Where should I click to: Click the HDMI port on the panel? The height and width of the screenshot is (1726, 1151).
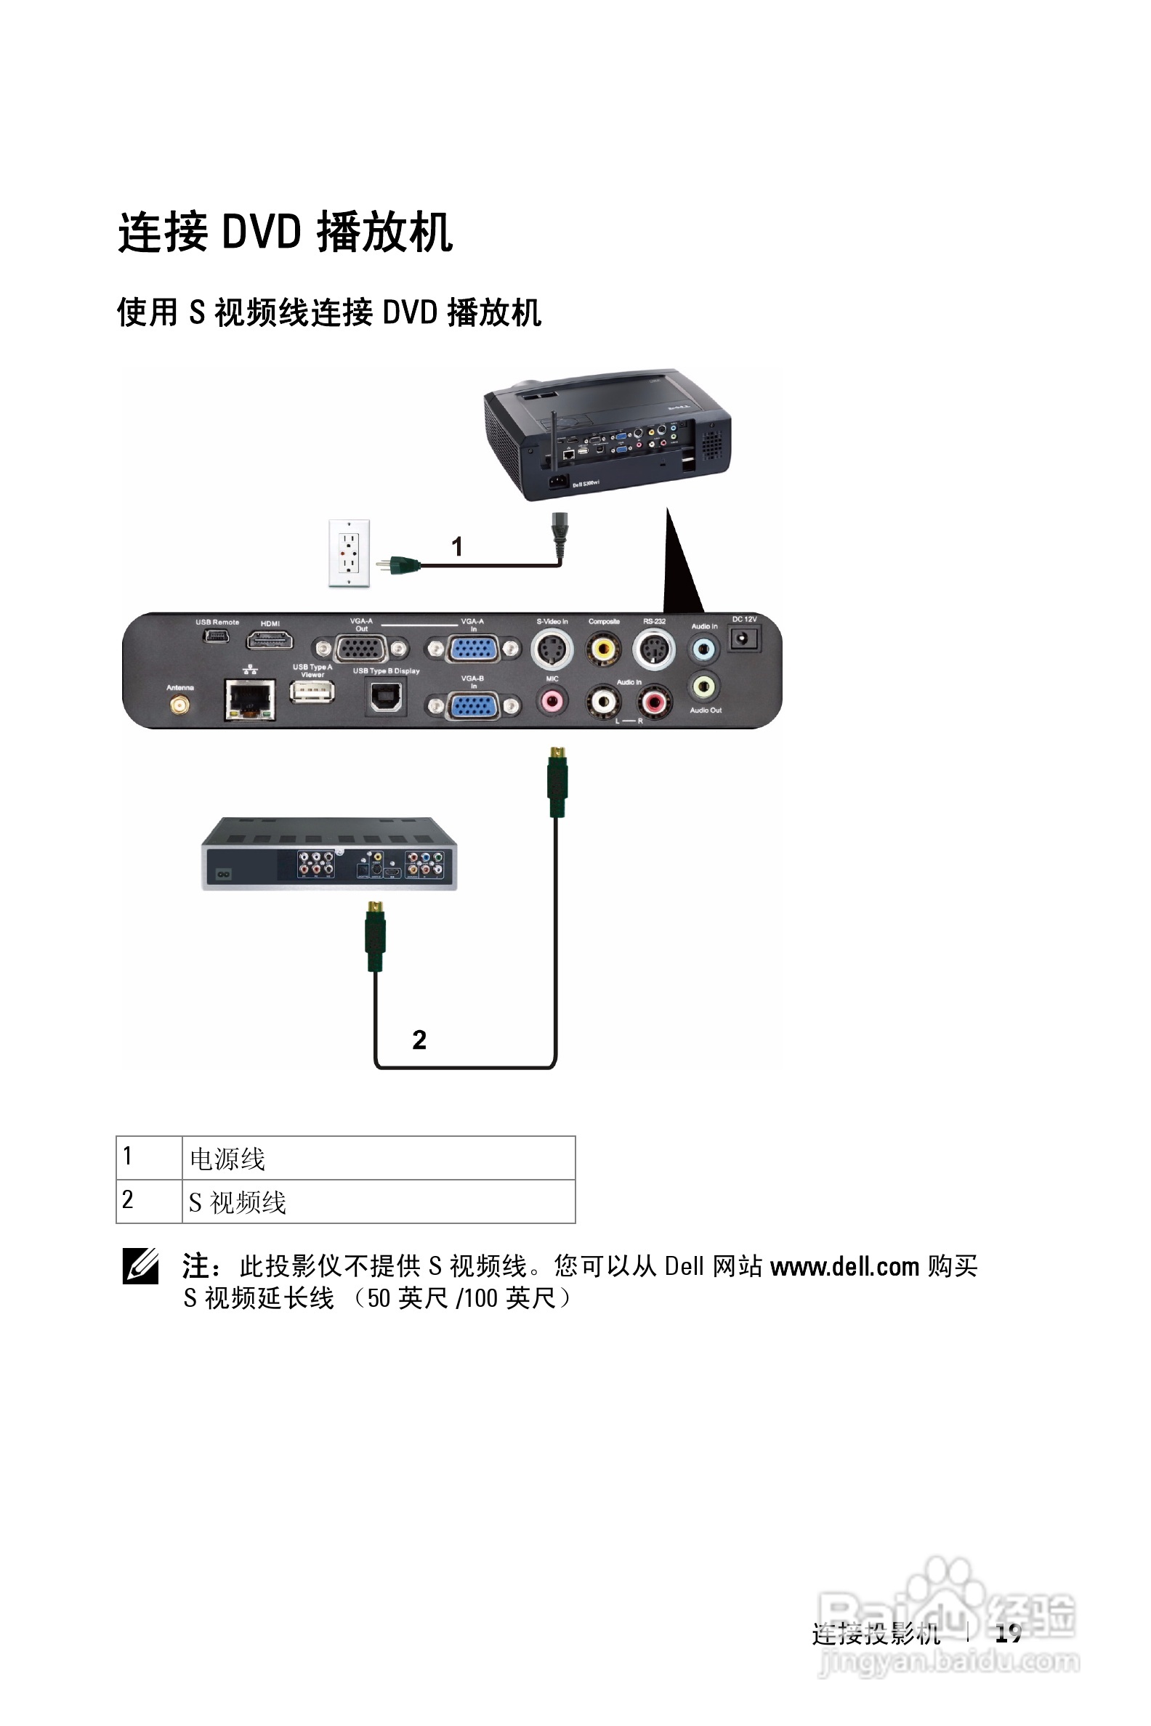coord(270,641)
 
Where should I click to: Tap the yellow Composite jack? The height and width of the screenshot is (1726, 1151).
coord(603,649)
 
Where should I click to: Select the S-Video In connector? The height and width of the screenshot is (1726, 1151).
coord(552,649)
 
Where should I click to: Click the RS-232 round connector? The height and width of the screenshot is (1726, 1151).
coord(653,649)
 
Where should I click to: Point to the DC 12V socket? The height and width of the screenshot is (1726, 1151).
coord(743,639)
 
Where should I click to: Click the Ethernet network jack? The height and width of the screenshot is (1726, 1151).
coord(249,700)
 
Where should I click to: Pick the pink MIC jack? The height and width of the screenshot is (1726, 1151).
coord(552,702)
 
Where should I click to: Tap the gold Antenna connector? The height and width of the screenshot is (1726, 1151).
coord(179,706)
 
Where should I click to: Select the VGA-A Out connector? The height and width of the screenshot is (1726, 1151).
coord(360,649)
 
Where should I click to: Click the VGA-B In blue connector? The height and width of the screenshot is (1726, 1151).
coord(474,707)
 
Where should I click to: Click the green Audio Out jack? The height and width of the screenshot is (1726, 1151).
coord(703,687)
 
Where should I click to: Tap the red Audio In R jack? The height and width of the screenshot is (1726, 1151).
coord(653,703)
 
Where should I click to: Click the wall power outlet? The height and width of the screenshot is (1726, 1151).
coord(349,553)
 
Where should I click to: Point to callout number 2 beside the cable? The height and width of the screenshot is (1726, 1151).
coord(419,1039)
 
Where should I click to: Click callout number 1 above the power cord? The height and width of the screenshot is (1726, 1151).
coord(456,546)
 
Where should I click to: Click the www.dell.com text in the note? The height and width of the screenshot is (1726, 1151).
coord(844,1266)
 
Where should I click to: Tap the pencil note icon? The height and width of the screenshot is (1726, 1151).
coord(140,1266)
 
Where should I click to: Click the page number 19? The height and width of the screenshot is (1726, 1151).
coord(1008,1633)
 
